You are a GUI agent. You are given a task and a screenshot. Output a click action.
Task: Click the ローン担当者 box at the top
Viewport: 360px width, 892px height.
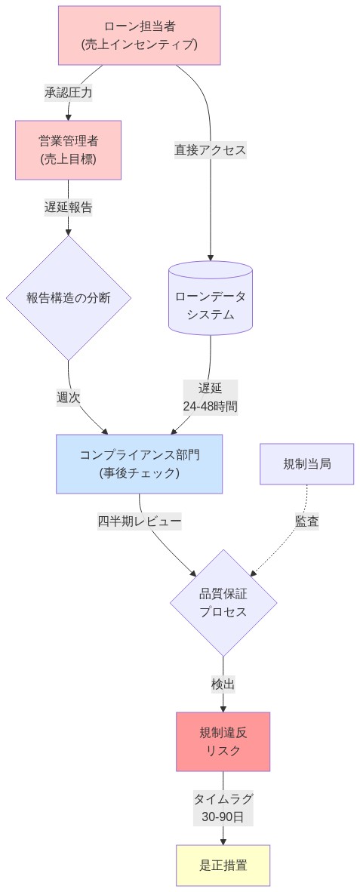click(140, 35)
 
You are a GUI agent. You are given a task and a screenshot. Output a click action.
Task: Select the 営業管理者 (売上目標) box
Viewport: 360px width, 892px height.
click(68, 150)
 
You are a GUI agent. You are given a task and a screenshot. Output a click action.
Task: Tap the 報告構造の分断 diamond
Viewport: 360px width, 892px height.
click(68, 298)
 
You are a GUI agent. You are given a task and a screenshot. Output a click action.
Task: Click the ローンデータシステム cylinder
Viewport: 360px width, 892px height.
click(210, 299)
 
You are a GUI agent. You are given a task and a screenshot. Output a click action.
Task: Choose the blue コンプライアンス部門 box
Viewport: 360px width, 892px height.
click(139, 463)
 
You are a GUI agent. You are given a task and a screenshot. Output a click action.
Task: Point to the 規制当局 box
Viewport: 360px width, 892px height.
click(306, 463)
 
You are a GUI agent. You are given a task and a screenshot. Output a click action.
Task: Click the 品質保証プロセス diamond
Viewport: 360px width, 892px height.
click(223, 602)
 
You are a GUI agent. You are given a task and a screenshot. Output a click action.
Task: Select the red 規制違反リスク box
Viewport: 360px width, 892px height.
click(223, 741)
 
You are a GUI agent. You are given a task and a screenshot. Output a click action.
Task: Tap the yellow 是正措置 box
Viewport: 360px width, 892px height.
click(223, 866)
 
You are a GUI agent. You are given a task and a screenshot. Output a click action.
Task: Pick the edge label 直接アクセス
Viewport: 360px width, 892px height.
click(210, 150)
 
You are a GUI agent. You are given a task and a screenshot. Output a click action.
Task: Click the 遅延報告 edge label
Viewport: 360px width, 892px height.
click(68, 208)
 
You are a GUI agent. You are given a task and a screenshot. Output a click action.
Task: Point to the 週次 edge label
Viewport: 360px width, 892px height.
click(68, 397)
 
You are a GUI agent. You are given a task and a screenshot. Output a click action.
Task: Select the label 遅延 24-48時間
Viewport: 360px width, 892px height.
click(210, 397)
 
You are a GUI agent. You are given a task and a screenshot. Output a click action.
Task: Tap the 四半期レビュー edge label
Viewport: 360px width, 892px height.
click(139, 521)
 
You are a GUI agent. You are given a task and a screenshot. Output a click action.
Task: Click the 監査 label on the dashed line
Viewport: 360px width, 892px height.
click(306, 521)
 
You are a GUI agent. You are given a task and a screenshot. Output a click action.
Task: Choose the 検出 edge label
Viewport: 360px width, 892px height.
click(223, 684)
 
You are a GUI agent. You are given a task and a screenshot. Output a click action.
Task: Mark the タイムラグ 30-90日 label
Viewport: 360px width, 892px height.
click(223, 807)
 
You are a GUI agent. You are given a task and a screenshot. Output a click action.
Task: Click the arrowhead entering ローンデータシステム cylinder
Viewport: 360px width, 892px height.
click(210, 257)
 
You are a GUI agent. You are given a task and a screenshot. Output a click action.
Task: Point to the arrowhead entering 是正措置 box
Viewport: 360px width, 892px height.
click(223, 841)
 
